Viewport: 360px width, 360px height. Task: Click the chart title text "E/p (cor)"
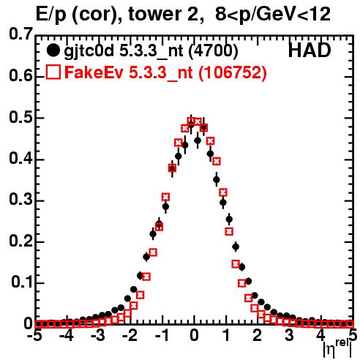[76, 14]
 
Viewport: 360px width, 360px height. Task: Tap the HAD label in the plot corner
[310, 50]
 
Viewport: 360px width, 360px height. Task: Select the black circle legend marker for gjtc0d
[53, 50]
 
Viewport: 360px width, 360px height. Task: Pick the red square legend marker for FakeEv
[53, 72]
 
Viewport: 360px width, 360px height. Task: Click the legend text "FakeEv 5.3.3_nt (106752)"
[166, 72]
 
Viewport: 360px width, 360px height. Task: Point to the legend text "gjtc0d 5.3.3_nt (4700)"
[151, 51]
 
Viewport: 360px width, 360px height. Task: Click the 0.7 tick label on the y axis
[20, 34]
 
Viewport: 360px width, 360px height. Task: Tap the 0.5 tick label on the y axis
[20, 118]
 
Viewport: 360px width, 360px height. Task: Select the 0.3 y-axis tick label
[20, 200]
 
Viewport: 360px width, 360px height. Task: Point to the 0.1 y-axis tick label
[21, 282]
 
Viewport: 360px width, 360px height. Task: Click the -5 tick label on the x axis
[36, 335]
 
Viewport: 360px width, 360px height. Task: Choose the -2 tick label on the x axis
[131, 335]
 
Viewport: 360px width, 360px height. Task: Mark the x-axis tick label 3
[289, 335]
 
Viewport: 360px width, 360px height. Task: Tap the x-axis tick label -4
[67, 335]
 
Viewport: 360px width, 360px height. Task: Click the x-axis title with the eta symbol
[337, 348]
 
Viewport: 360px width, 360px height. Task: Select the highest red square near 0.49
[192, 121]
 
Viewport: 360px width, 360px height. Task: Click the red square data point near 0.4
[217, 161]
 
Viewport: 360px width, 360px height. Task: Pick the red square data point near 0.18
[153, 252]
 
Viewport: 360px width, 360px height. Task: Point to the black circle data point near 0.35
[217, 179]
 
